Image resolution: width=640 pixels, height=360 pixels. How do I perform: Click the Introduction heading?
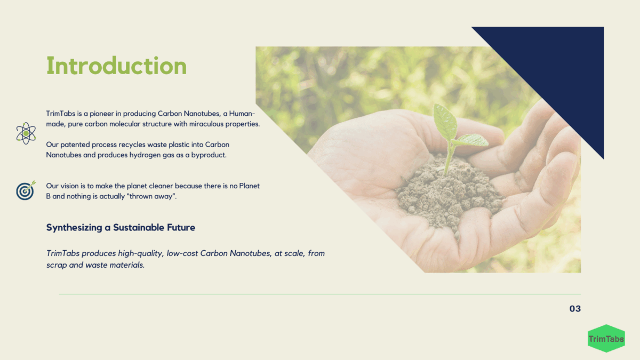117,66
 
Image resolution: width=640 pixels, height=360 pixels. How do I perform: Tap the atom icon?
26,133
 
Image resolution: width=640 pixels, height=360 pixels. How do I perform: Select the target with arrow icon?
26,190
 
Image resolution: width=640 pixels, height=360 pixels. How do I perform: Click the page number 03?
575,309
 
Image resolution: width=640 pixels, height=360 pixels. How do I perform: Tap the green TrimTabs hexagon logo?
606,339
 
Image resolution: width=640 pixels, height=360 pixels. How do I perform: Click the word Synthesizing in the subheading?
74,228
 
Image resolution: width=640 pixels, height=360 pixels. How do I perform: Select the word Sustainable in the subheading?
139,227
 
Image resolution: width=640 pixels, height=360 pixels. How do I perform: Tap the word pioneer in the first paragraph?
101,114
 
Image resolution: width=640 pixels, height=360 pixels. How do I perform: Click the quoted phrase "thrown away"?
151,196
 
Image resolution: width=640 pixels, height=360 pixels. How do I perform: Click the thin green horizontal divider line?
320,294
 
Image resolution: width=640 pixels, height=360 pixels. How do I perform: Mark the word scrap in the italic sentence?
57,266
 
